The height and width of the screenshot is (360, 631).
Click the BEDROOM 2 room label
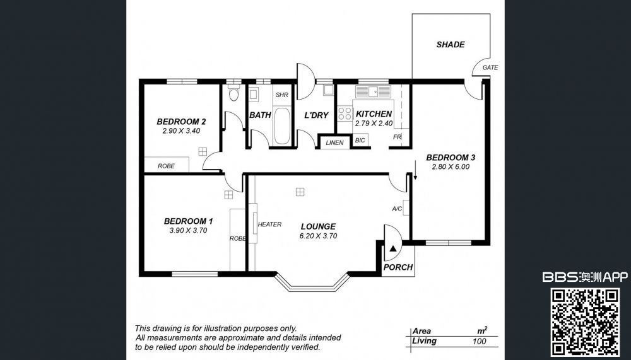tap(181, 122)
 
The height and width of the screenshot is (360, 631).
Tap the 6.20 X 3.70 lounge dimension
tap(318, 236)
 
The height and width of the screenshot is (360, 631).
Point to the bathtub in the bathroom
tap(281, 126)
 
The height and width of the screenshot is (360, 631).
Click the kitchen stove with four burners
tap(345, 113)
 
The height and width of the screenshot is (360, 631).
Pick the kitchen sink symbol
tap(373, 91)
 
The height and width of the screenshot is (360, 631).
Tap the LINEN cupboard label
tap(334, 142)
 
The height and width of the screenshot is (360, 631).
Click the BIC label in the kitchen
tap(360, 141)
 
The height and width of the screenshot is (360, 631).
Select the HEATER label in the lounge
tap(269, 224)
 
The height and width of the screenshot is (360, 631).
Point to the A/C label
tap(397, 209)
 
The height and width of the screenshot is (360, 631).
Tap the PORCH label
tap(398, 267)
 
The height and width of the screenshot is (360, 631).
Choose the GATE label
tap(490, 67)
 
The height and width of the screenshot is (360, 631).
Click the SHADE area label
tap(451, 44)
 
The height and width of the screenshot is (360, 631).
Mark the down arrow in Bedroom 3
tap(415, 170)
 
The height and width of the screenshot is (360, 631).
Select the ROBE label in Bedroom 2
tap(166, 166)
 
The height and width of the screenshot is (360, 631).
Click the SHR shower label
tap(281, 95)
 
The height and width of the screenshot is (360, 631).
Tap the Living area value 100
tap(479, 342)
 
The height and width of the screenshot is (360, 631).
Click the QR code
tap(585, 323)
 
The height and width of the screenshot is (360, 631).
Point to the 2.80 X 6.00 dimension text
tap(451, 166)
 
